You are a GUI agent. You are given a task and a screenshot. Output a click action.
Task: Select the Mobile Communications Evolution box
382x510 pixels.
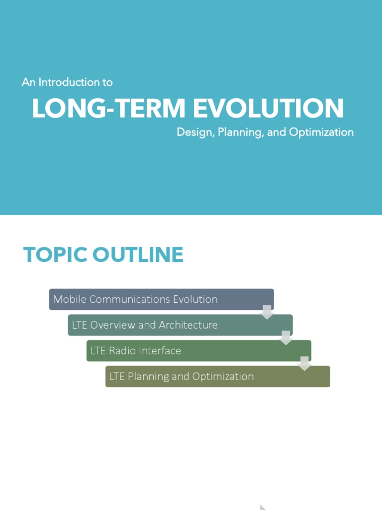[161, 299]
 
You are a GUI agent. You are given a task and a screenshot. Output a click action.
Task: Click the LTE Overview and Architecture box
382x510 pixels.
[180, 325]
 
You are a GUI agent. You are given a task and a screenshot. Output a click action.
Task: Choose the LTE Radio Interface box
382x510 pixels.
[198, 351]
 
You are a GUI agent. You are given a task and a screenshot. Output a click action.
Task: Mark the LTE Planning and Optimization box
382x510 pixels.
[217, 377]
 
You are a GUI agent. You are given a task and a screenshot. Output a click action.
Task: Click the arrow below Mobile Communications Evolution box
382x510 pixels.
[267, 312]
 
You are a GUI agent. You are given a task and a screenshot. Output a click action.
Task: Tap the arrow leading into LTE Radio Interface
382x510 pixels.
[286, 338]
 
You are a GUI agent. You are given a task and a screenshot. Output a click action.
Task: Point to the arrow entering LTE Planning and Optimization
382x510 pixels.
[304, 364]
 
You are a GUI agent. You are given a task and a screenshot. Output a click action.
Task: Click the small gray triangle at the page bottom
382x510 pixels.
[263, 508]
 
